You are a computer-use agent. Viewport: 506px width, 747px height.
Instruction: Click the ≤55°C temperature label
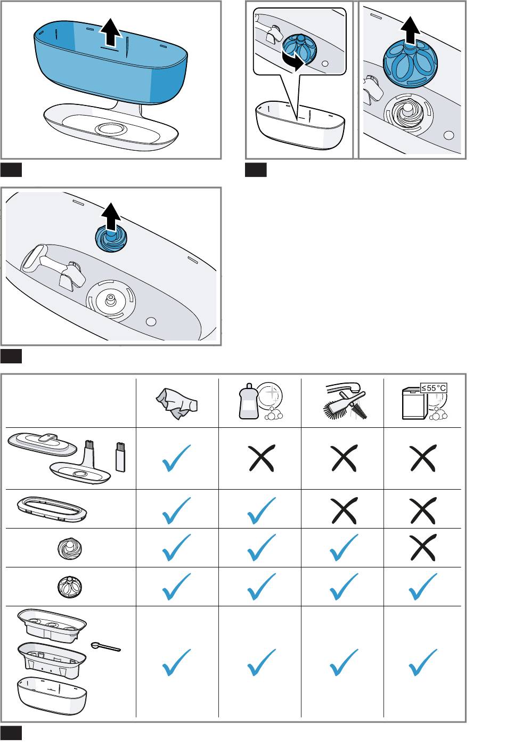pyautogui.click(x=434, y=388)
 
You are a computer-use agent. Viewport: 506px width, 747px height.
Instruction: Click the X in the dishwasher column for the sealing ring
pyautogui.click(x=423, y=509)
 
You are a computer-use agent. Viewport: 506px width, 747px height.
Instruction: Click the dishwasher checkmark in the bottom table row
pyautogui.click(x=423, y=662)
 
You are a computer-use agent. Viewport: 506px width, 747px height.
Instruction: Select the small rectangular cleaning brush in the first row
pyautogui.click(x=119, y=455)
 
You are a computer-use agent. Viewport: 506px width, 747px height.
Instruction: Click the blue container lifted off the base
pyautogui.click(x=110, y=67)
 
